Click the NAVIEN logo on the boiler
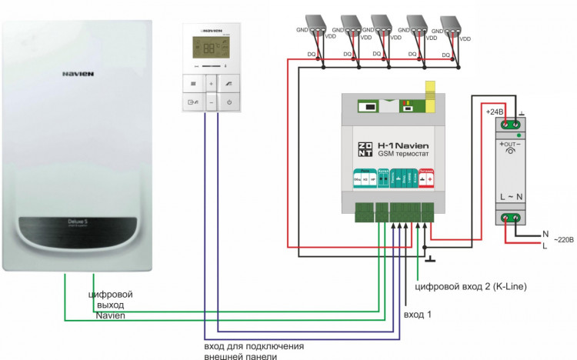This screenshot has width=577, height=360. tap(78, 75)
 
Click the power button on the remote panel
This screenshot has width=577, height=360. tap(229, 102)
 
